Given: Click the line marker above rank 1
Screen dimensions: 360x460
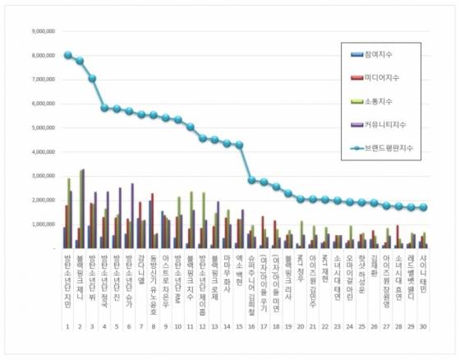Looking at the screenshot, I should pos(67,55).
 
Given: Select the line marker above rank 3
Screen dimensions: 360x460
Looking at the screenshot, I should pos(92,79).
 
